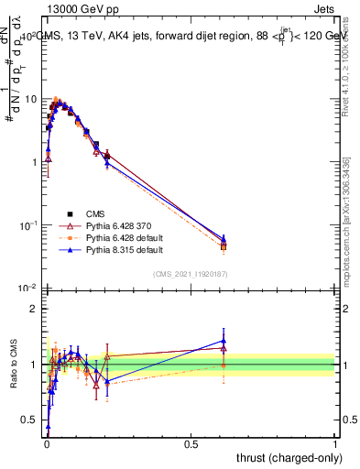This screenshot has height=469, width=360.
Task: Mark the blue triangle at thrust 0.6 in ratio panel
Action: tap(224, 341)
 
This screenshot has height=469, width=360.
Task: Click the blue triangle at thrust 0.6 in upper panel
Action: tap(224, 238)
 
